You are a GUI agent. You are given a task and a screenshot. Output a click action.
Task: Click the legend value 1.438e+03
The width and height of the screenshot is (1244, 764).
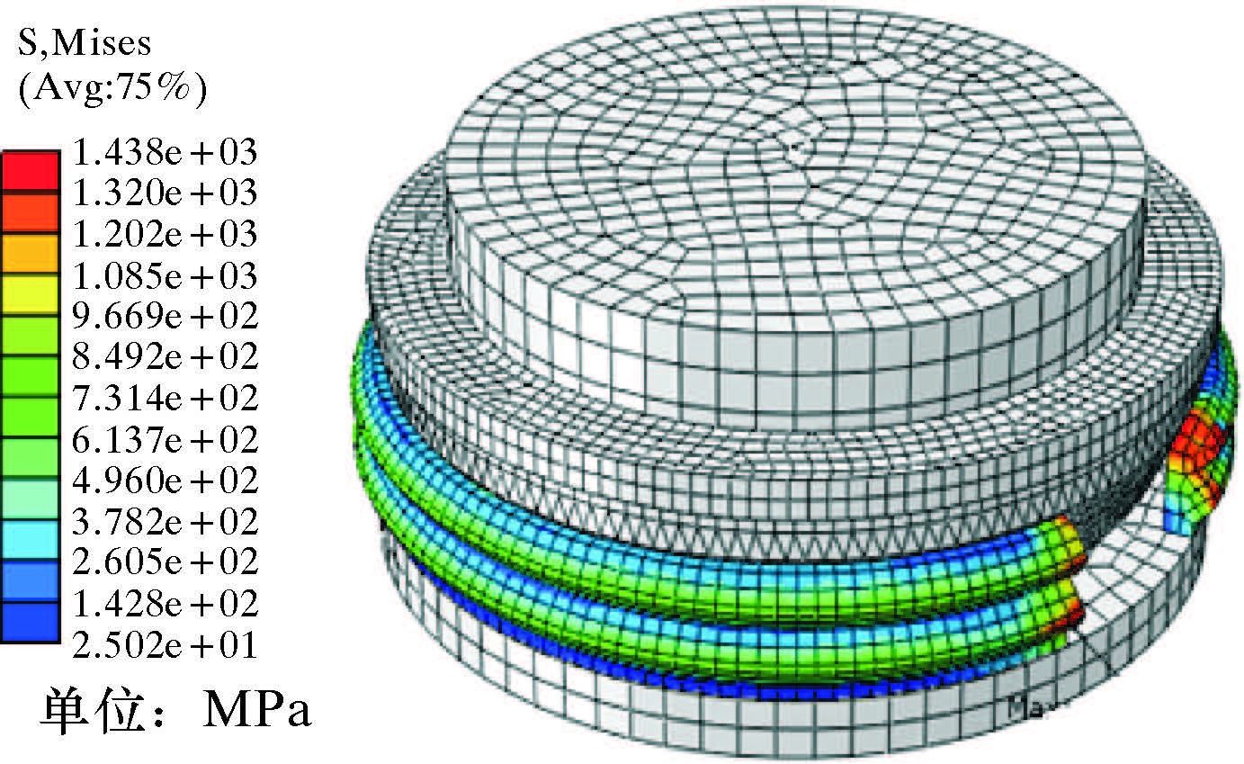click(x=165, y=152)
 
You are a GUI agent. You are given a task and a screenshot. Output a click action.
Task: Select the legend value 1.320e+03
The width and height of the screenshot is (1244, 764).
click(x=165, y=193)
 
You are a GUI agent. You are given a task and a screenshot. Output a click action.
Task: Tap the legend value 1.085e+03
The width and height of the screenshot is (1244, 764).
click(x=165, y=275)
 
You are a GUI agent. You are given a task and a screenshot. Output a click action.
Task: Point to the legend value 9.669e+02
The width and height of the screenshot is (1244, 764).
click(x=165, y=316)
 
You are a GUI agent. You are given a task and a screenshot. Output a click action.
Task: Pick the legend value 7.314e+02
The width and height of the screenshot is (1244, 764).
click(x=165, y=398)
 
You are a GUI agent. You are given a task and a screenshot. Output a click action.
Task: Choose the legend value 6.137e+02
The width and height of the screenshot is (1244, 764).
click(x=165, y=439)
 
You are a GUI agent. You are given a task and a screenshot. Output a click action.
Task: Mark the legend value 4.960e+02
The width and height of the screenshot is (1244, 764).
click(x=165, y=480)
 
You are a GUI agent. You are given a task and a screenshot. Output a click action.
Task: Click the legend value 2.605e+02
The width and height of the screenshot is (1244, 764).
click(x=165, y=562)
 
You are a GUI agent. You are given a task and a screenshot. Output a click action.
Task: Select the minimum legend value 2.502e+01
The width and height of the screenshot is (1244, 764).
click(x=165, y=644)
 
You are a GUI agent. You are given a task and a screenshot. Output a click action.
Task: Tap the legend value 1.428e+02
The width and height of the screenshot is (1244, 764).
click(x=165, y=604)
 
